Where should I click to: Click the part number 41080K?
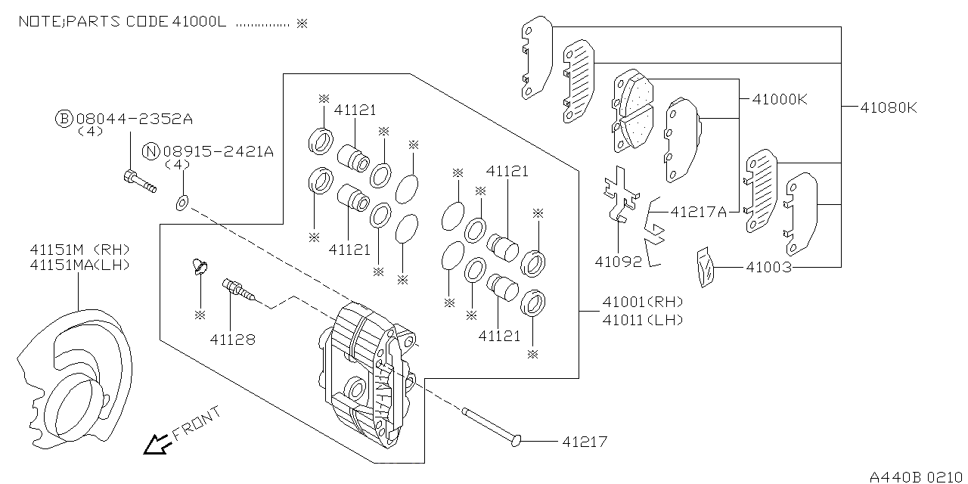click(x=889, y=107)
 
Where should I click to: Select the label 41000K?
click(x=780, y=99)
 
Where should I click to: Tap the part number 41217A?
click(x=699, y=213)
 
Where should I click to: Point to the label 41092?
click(x=618, y=262)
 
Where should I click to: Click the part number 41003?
click(x=769, y=267)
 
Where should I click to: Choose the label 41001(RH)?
click(x=643, y=302)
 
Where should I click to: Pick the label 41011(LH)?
click(x=643, y=320)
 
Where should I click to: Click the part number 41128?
click(x=233, y=340)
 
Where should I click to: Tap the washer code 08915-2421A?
click(x=218, y=151)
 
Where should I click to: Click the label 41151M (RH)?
click(x=80, y=249)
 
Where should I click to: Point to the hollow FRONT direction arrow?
click(x=157, y=445)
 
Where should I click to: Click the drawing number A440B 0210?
click(x=917, y=476)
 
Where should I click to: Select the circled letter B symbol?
click(x=64, y=119)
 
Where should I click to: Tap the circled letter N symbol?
click(x=151, y=151)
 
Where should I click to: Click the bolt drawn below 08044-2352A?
click(x=138, y=181)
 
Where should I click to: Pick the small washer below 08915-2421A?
click(x=182, y=202)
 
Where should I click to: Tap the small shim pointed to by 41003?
click(x=704, y=268)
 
